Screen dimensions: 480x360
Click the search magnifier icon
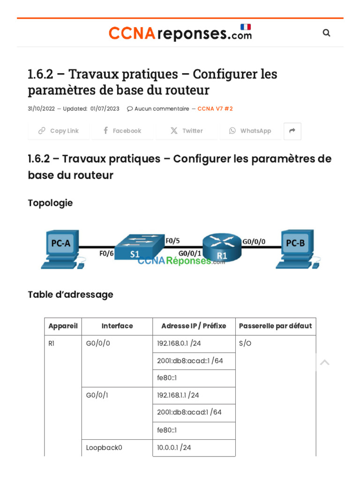pyautogui.click(x=327, y=33)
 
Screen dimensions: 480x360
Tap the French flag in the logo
pyautogui.click(x=246, y=27)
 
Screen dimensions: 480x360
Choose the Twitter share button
pyautogui.click(x=187, y=131)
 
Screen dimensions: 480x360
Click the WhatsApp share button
pyautogui.click(x=250, y=131)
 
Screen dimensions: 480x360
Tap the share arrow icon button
pyautogui.click(x=292, y=131)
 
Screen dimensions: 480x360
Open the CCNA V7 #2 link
pyautogui.click(x=215, y=109)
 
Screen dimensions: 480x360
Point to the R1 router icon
pyautogui.click(x=221, y=247)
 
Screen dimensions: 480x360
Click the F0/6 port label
pyautogui.click(x=106, y=254)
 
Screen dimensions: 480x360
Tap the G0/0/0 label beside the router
pyautogui.click(x=254, y=241)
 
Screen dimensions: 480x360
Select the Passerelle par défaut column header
pyautogui.click(x=275, y=326)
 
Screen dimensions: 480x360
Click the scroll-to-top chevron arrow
pyautogui.click(x=324, y=362)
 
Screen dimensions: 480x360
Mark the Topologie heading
pyautogui.click(x=50, y=203)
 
